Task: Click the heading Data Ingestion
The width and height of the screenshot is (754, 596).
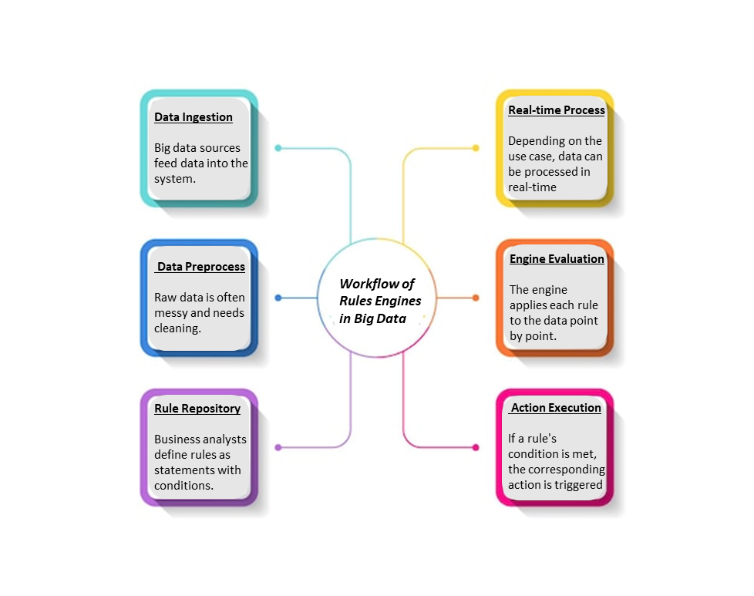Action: tap(194, 117)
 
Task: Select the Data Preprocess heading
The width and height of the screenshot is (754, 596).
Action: tap(201, 267)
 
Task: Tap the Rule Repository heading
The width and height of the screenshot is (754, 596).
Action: tap(197, 409)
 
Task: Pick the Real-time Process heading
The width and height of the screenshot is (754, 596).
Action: tap(557, 110)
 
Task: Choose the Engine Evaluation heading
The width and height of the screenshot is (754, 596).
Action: tap(557, 259)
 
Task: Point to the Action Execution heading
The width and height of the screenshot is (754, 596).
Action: tap(556, 408)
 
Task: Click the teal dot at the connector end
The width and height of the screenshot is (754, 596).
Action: tap(278, 148)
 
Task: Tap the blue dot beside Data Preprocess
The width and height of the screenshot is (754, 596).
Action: tap(278, 298)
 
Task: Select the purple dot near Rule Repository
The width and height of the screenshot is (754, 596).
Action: tap(278, 447)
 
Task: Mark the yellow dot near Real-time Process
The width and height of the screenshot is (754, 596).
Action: tap(476, 148)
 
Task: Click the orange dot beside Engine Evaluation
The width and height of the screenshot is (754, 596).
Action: tap(476, 298)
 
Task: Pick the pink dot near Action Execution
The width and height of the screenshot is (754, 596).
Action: tap(476, 447)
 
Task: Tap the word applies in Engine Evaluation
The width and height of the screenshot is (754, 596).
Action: tap(527, 305)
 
